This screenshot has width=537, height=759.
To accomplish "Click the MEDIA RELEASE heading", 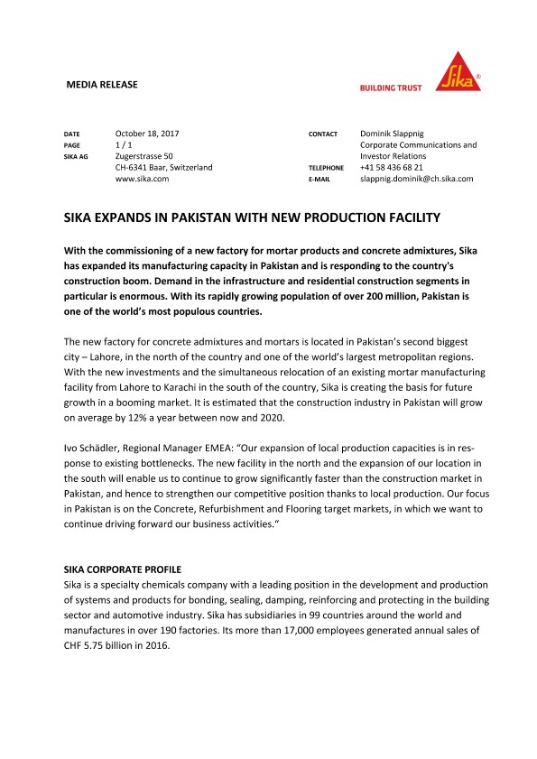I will click(103, 85).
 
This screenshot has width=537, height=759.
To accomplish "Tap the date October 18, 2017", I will click(148, 134).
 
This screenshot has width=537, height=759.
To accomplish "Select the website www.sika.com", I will click(143, 179).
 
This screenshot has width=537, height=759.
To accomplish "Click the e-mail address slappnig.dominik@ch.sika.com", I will click(416, 179).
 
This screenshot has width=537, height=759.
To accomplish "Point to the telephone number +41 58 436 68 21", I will click(391, 168).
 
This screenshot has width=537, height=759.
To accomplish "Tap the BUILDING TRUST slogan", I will click(392, 88).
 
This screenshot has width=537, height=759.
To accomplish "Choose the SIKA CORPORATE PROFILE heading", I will click(122, 569).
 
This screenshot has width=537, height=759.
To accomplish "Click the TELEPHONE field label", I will click(327, 168).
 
